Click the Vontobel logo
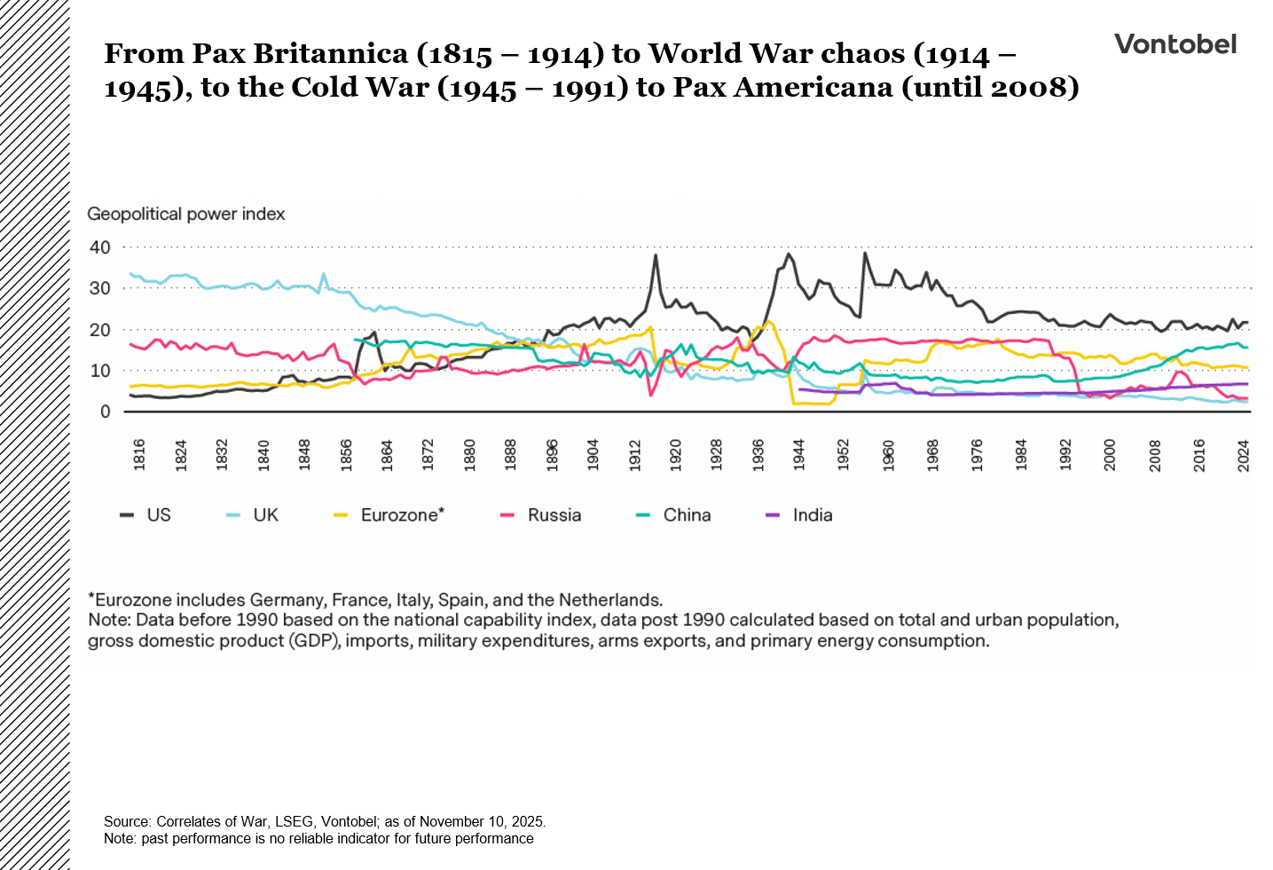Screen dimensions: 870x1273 (1175, 44)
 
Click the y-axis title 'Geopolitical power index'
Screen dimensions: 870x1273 (186, 214)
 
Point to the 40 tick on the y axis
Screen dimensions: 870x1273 (100, 247)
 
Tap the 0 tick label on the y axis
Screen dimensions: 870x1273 (106, 411)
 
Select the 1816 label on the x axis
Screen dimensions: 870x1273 (139, 454)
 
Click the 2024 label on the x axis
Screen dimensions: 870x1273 (1244, 454)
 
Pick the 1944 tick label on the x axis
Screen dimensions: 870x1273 (799, 454)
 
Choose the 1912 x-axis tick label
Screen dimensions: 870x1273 (634, 454)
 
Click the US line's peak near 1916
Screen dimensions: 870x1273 (655, 255)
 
